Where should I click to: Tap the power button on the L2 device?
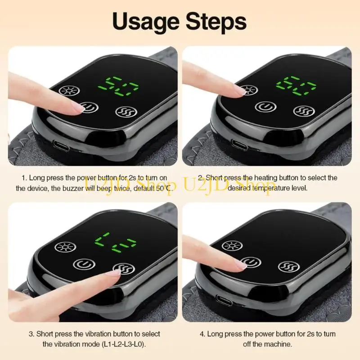click(x=83, y=263)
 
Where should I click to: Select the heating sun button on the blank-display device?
click(x=232, y=246)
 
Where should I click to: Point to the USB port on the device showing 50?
click(x=58, y=145)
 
